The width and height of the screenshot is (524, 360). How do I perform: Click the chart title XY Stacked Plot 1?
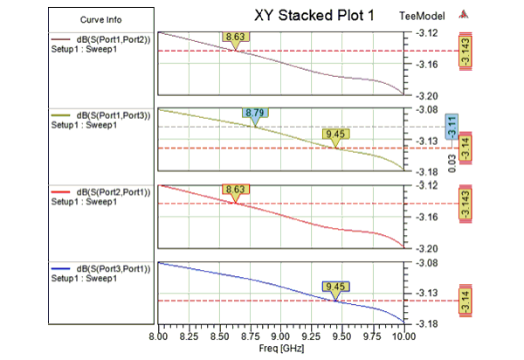click(x=316, y=15)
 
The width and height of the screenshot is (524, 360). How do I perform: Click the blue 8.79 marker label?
click(x=255, y=114)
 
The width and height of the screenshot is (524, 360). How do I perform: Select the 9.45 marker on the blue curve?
click(x=335, y=287)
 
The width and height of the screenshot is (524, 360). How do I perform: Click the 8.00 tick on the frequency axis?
click(x=159, y=336)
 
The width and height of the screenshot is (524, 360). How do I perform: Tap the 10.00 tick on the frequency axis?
click(x=402, y=336)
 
